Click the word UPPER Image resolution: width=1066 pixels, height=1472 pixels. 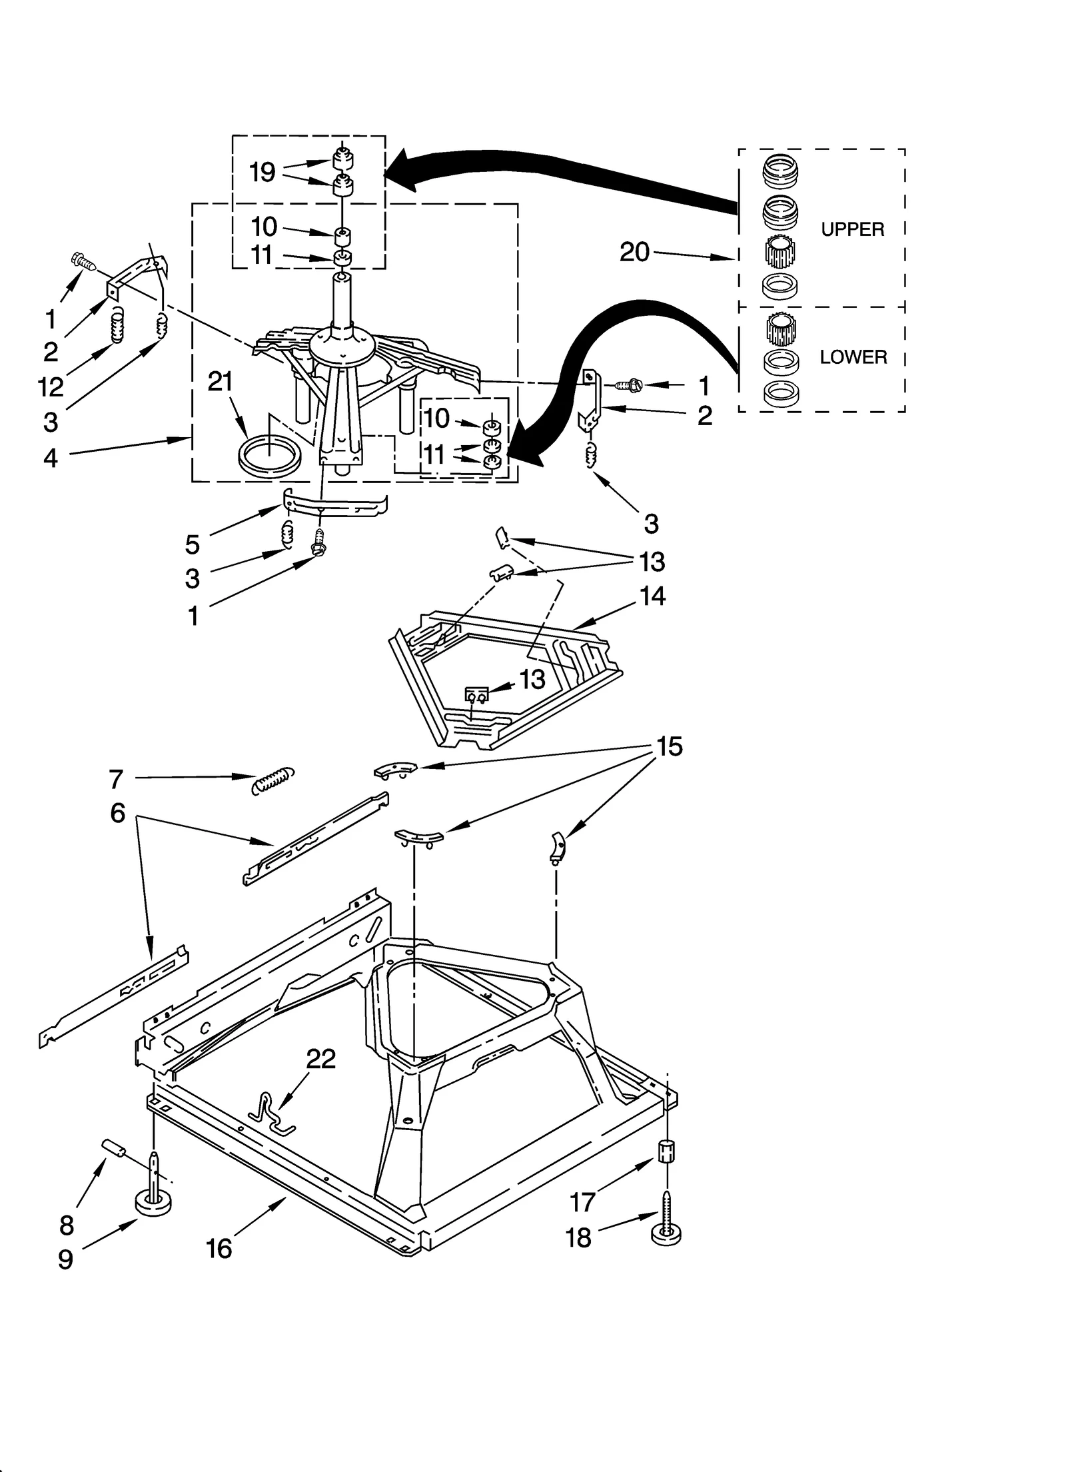point(852,229)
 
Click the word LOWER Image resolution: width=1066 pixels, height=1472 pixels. point(853,357)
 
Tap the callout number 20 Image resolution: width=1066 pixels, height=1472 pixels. point(634,252)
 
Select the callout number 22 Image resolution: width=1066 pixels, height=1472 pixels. point(320,1059)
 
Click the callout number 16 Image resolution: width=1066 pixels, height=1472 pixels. point(219,1249)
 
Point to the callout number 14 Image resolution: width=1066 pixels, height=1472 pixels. point(652,596)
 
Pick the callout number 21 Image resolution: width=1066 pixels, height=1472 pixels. point(221,382)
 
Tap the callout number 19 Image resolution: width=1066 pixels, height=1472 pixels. point(262,172)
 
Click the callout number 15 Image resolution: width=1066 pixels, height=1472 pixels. point(669,746)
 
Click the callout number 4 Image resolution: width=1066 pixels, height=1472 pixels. point(51,458)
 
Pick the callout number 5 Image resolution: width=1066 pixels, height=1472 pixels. point(192,544)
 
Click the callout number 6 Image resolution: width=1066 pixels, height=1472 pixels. point(117,813)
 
